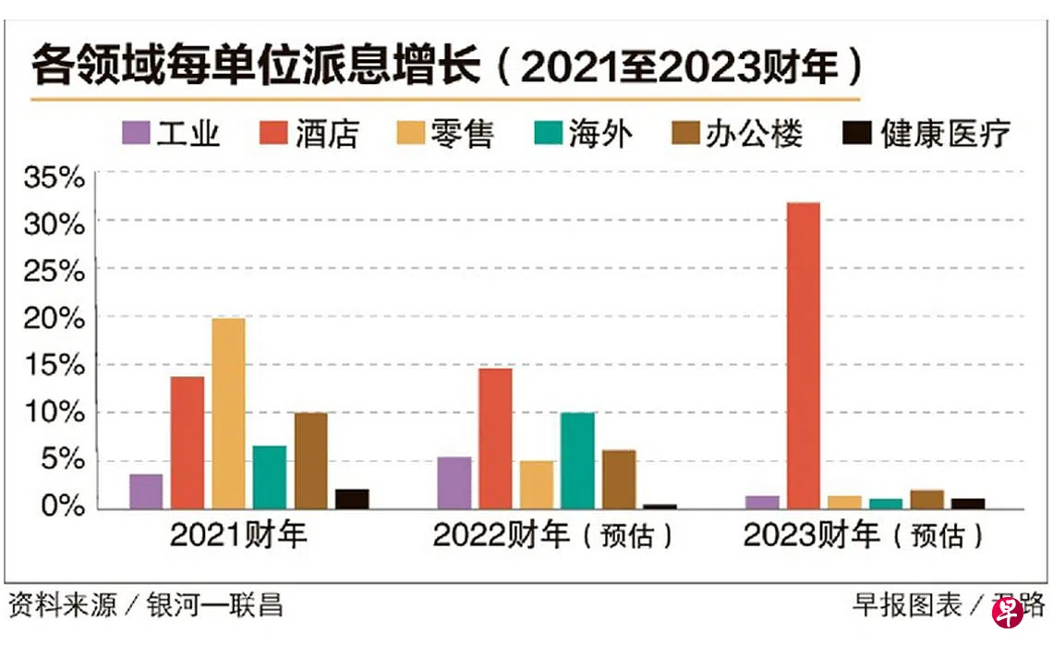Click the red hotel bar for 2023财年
(x=803, y=355)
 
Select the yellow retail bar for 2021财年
(x=228, y=413)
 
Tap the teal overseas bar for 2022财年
(x=577, y=460)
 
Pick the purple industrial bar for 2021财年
(x=146, y=491)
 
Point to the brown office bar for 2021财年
(x=310, y=460)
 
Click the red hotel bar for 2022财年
(x=495, y=438)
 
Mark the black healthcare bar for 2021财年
(x=352, y=498)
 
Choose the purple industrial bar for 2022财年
(x=454, y=482)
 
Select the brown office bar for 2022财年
(x=619, y=479)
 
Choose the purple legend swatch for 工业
(x=136, y=134)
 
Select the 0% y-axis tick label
(x=65, y=507)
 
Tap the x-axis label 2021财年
(x=238, y=536)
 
